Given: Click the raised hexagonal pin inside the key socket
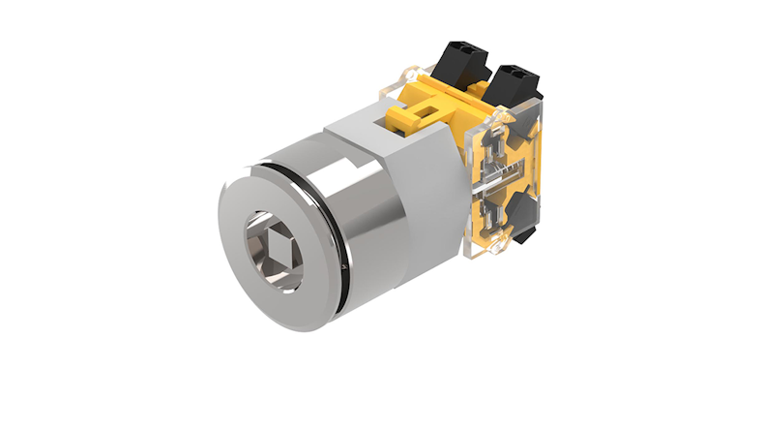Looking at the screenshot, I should click(x=275, y=251).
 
